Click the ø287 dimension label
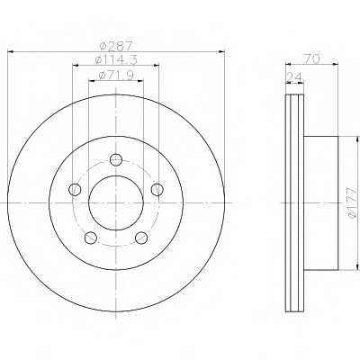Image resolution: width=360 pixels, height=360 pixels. coord(115,46)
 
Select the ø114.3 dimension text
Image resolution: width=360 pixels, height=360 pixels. coord(116,59)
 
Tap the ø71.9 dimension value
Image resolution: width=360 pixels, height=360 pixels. coord(116,75)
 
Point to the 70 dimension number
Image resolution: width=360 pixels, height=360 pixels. coord(311,58)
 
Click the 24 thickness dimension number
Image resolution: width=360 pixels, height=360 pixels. coord(294,77)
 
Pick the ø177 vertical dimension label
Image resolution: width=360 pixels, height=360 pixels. coord(351,202)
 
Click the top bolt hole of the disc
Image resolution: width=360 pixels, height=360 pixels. coord(116,159)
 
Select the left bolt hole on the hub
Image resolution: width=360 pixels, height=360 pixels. coord(75,189)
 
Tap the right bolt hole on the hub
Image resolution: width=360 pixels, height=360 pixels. coord(157,189)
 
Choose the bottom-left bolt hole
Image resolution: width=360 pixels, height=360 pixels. coord(91,238)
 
